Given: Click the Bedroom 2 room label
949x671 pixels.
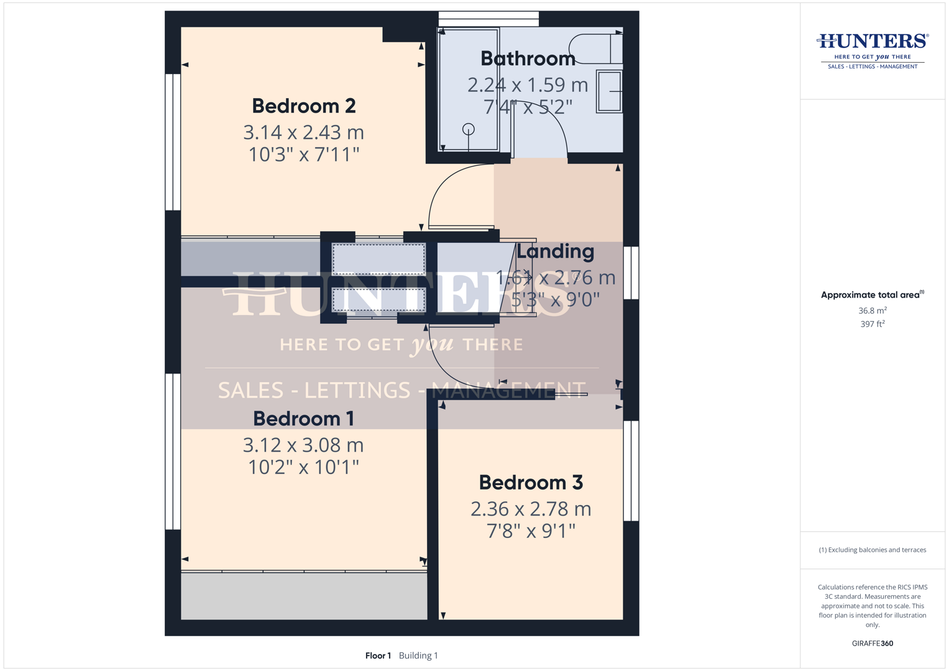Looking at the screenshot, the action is pyautogui.click(x=304, y=106).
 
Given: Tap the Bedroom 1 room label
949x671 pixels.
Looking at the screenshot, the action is pyautogui.click(x=303, y=419).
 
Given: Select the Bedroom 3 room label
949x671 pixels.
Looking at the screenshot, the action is pyautogui.click(x=531, y=482).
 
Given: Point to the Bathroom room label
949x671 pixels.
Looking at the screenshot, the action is pyautogui.click(x=528, y=58).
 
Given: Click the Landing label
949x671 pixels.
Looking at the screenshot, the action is pyautogui.click(x=555, y=251).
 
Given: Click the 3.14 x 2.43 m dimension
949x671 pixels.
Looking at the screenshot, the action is pyautogui.click(x=304, y=132).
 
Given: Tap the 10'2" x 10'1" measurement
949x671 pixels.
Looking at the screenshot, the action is pyautogui.click(x=303, y=467).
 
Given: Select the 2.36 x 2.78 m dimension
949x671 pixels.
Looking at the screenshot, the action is pyautogui.click(x=531, y=509).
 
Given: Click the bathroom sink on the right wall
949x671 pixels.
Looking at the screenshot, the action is pyautogui.click(x=609, y=91).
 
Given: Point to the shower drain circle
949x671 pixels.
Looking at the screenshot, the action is pyautogui.click(x=468, y=129).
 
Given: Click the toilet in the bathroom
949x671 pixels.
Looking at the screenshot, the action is pyautogui.click(x=595, y=48).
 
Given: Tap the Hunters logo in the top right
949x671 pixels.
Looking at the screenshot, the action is pyautogui.click(x=873, y=51).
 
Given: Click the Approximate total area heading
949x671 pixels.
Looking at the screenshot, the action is pyautogui.click(x=873, y=295).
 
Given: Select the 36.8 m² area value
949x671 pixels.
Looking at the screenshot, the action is pyautogui.click(x=873, y=311).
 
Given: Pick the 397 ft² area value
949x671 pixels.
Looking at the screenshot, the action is pyautogui.click(x=873, y=324).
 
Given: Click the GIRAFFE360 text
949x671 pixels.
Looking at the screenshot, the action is pyautogui.click(x=873, y=643).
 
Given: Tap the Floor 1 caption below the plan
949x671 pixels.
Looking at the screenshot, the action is pyautogui.click(x=378, y=655).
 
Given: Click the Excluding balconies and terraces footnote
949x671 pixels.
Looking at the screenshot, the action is pyautogui.click(x=873, y=550).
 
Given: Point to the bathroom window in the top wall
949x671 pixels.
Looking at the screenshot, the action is pyautogui.click(x=488, y=19).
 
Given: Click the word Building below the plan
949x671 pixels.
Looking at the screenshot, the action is pyautogui.click(x=415, y=655).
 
